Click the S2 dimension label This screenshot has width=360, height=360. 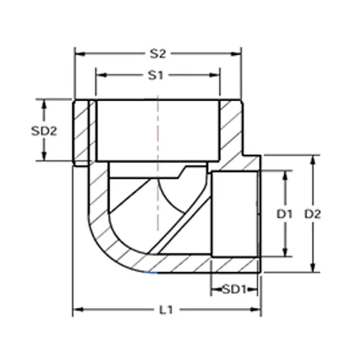tap(158, 54)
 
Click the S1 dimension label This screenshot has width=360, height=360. tap(156, 75)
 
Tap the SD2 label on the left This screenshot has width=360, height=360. tap(44, 131)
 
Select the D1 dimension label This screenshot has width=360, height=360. tap(284, 214)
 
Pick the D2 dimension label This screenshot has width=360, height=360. tap(312, 214)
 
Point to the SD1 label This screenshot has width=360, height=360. tap(234, 289)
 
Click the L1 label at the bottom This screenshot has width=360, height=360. tap(166, 310)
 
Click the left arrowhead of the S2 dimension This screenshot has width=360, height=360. tap(80, 54)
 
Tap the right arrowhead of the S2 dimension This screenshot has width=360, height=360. tap(236, 54)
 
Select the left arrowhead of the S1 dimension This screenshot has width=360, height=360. tap(102, 75)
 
